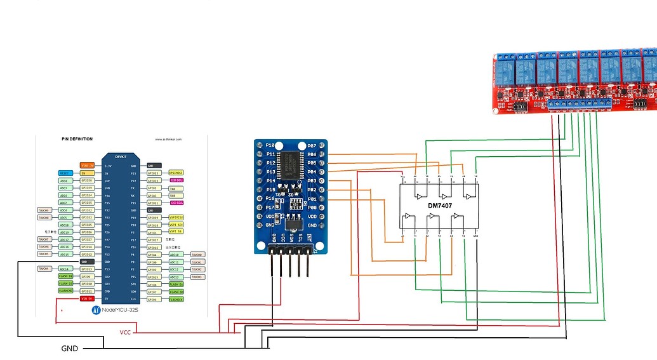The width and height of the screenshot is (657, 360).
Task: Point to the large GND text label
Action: tap(70, 349)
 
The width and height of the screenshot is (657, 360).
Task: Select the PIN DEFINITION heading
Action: tap(77, 139)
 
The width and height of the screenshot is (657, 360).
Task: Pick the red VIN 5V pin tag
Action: tap(87, 298)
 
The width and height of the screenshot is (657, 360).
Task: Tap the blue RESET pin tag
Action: tap(65, 173)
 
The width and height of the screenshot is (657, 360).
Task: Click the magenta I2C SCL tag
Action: tap(176, 180)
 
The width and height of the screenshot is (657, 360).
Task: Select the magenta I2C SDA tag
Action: tap(176, 203)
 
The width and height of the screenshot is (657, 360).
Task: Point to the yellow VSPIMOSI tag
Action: tap(176, 218)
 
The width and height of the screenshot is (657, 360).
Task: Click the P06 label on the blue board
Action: tap(311, 154)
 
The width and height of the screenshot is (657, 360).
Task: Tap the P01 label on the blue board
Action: tap(311, 199)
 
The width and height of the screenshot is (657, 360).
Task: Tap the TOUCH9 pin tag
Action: tap(44, 210)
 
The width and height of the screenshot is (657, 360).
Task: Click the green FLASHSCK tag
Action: tap(176, 298)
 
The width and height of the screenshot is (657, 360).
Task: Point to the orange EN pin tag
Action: tap(87, 173)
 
